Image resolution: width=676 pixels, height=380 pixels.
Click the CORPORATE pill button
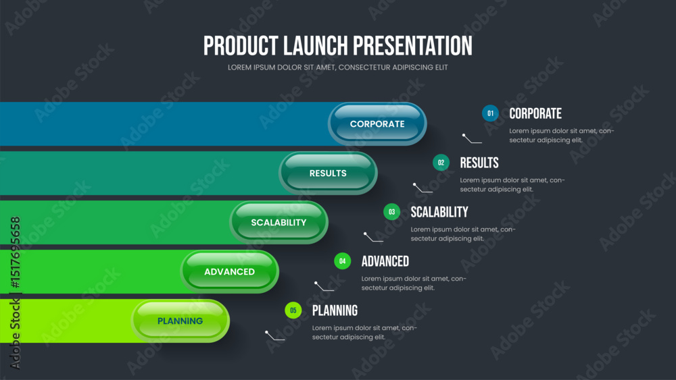(x=377, y=124)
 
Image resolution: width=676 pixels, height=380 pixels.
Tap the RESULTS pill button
(x=328, y=173)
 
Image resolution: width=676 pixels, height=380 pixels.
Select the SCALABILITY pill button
(x=279, y=223)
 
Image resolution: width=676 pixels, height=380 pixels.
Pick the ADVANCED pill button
(x=229, y=271)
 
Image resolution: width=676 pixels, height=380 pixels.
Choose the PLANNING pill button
(x=180, y=321)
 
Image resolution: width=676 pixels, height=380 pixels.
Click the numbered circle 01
(x=490, y=113)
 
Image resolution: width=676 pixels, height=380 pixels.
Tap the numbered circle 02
(x=441, y=163)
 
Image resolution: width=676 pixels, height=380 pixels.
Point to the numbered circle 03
(x=392, y=212)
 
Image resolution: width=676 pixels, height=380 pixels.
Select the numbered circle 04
(x=342, y=261)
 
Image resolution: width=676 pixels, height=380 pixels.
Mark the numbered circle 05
(x=293, y=310)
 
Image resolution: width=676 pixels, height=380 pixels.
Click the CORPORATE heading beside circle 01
(x=535, y=113)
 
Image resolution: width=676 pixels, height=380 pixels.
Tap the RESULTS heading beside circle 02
(x=479, y=163)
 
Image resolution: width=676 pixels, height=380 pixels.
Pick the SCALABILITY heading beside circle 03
(x=439, y=212)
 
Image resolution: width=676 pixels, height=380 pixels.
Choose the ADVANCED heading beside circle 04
(x=385, y=261)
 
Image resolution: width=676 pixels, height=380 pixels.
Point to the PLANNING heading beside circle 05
(x=335, y=310)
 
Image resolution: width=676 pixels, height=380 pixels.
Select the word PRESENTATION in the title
(x=412, y=46)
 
